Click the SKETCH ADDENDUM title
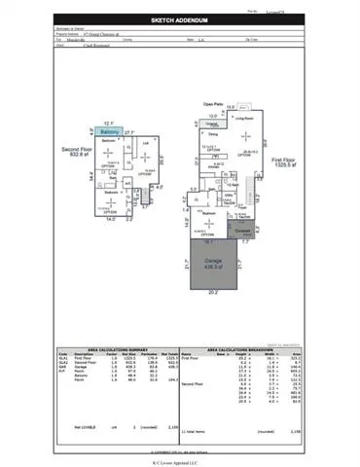pyautogui.click(x=180, y=19)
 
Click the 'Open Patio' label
pyautogui.click(x=214, y=103)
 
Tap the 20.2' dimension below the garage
pyautogui.click(x=212, y=292)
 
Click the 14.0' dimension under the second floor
pyautogui.click(x=109, y=220)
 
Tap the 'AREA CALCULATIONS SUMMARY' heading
pyautogui.click(x=115, y=346)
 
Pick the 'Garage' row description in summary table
pyautogui.click(x=84, y=366)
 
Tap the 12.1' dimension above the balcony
pyautogui.click(x=108, y=124)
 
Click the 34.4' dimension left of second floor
pyautogui.click(x=89, y=176)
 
